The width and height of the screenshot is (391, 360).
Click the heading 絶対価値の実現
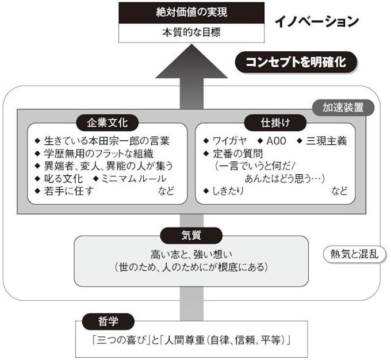tap(191, 13)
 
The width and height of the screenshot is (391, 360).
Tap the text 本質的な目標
tap(191, 32)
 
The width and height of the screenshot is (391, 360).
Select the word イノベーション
tap(316, 22)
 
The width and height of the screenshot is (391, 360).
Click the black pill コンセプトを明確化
tap(296, 62)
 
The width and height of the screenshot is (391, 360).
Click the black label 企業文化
tap(107, 122)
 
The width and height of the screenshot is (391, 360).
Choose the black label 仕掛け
tap(269, 122)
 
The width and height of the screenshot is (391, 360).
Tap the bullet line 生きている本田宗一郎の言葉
tap(106, 140)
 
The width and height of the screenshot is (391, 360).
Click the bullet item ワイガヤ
tap(228, 140)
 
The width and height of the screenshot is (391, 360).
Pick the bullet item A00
tap(273, 140)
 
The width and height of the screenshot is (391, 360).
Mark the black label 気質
tap(190, 235)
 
